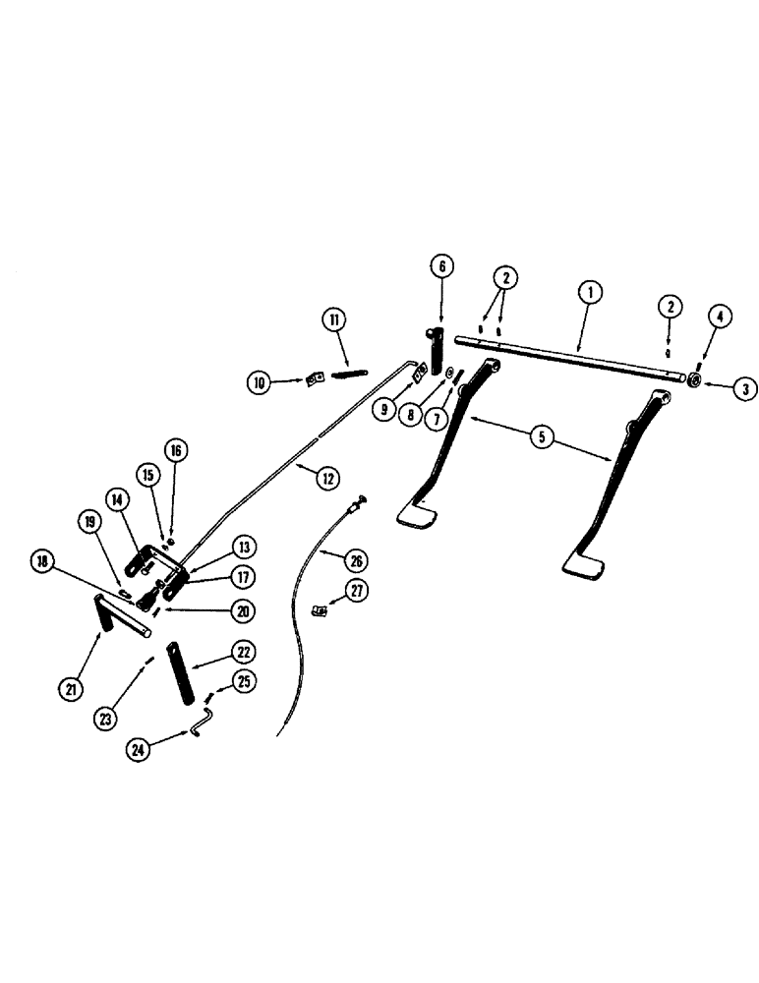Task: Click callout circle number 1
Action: coord(591,291)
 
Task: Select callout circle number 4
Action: coord(718,317)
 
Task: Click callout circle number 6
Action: coord(441,265)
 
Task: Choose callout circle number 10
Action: coord(260,382)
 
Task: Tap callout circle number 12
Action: coord(325,479)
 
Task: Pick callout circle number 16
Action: coord(174,451)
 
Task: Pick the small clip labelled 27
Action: coord(320,609)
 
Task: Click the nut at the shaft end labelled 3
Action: coord(691,379)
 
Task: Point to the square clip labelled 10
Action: coord(316,378)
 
